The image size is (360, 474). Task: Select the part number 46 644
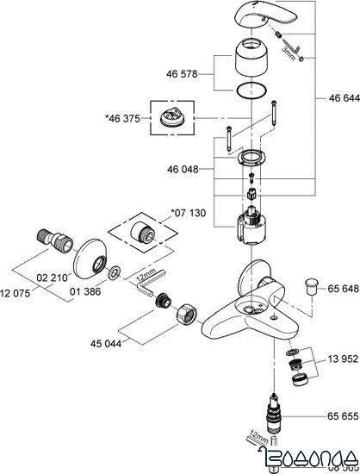[341, 99]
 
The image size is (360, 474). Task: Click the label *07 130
[189, 211]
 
